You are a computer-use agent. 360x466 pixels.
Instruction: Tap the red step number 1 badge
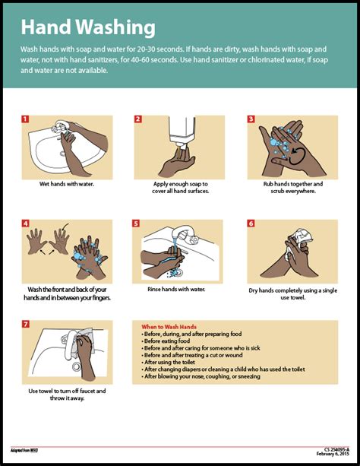pyautogui.click(x=25, y=119)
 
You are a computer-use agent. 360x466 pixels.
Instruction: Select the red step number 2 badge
pyautogui.click(x=138, y=119)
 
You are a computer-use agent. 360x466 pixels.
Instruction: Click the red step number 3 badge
pyautogui.click(x=251, y=119)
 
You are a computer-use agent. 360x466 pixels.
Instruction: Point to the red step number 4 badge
pyautogui.click(x=25, y=223)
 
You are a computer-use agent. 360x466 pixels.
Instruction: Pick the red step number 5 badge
pyautogui.click(x=136, y=223)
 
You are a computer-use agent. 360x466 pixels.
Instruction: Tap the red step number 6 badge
pyautogui.click(x=251, y=223)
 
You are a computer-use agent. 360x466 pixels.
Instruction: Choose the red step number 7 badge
pyautogui.click(x=25, y=324)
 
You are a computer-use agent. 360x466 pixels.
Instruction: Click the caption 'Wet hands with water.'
pyautogui.click(x=67, y=184)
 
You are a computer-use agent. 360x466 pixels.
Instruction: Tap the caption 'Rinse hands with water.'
pyautogui.click(x=176, y=289)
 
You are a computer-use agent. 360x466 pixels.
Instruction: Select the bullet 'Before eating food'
pyautogui.click(x=169, y=341)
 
